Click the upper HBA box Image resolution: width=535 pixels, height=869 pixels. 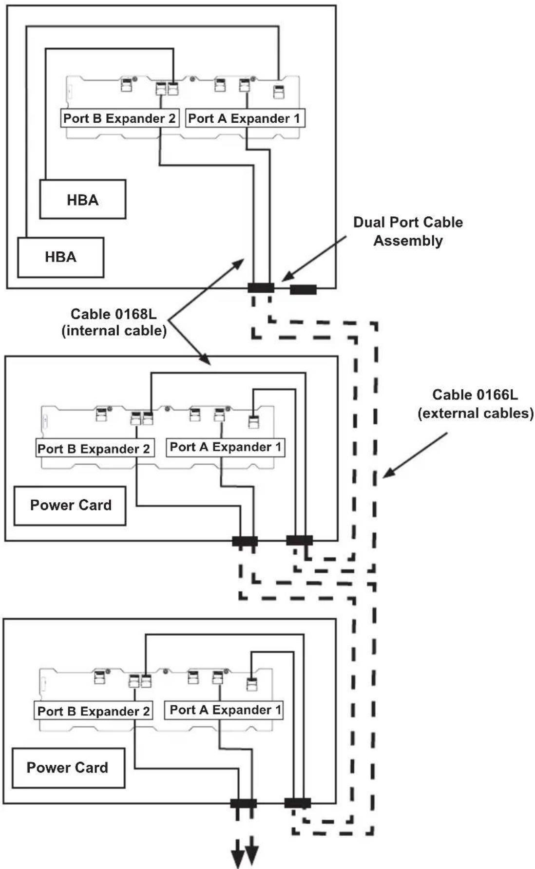pyautogui.click(x=83, y=199)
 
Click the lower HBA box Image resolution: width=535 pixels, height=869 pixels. pyautogui.click(x=61, y=257)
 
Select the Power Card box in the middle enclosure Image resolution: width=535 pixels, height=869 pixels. pyautogui.click(x=70, y=506)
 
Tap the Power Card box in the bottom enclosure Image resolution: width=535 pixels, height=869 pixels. pyautogui.click(x=68, y=768)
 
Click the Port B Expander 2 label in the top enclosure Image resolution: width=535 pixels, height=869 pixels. pyautogui.click(x=119, y=118)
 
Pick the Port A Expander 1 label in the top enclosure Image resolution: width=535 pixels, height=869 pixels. pyautogui.click(x=245, y=118)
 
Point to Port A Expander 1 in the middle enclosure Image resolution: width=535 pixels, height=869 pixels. pyautogui.click(x=225, y=447)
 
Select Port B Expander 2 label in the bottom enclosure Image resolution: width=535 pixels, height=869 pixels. pyautogui.click(x=93, y=711)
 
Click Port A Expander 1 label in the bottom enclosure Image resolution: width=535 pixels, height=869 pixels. pyautogui.click(x=224, y=710)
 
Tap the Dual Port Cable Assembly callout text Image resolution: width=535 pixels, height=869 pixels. pyautogui.click(x=408, y=231)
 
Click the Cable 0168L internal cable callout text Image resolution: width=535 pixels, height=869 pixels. pyautogui.click(x=114, y=322)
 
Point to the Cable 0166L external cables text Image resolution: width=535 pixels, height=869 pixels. pyautogui.click(x=476, y=404)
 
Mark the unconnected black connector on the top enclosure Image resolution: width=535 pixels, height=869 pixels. pyautogui.click(x=303, y=290)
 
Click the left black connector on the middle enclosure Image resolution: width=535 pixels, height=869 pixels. pyautogui.click(x=245, y=541)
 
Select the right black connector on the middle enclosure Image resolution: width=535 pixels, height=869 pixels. pyautogui.click(x=299, y=540)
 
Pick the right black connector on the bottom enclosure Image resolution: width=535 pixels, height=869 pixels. pyautogui.click(x=297, y=803)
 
